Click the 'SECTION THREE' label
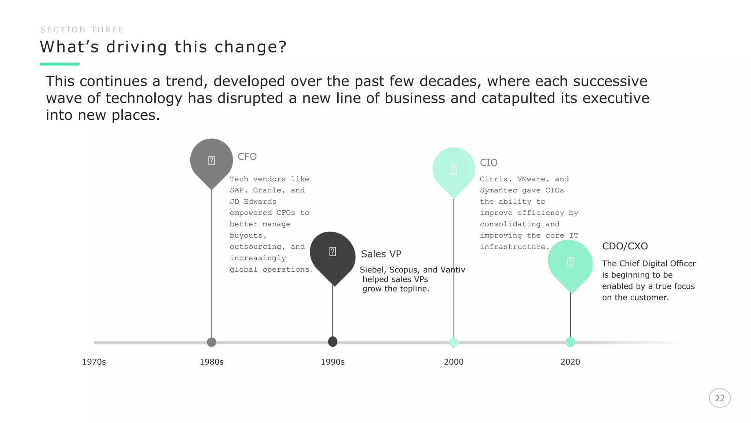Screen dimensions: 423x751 pyautogui.click(x=82, y=30)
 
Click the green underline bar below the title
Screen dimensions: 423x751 pyautogui.click(x=59, y=64)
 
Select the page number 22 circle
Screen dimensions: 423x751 pyautogui.click(x=719, y=398)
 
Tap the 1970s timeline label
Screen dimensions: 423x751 pyautogui.click(x=94, y=362)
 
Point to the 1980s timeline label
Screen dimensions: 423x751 pyautogui.click(x=212, y=362)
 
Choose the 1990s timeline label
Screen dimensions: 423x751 pyautogui.click(x=333, y=362)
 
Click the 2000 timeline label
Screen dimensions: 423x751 pyautogui.click(x=454, y=362)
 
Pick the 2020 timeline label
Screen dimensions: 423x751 pyautogui.click(x=570, y=362)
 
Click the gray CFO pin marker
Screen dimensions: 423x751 pyautogui.click(x=212, y=161)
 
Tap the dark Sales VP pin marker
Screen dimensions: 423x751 pyautogui.click(x=333, y=253)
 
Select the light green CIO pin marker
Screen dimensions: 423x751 pyautogui.click(x=454, y=170)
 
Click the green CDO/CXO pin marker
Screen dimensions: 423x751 pyautogui.click(x=570, y=263)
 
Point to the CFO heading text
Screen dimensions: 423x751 pyautogui.click(x=247, y=157)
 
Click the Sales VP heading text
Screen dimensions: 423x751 pyautogui.click(x=381, y=254)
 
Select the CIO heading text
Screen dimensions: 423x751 pyautogui.click(x=488, y=163)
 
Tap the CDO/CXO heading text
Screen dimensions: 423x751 pyautogui.click(x=625, y=246)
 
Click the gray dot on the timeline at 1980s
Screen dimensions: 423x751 pyautogui.click(x=212, y=342)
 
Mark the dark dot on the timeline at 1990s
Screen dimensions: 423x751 pyautogui.click(x=333, y=341)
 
